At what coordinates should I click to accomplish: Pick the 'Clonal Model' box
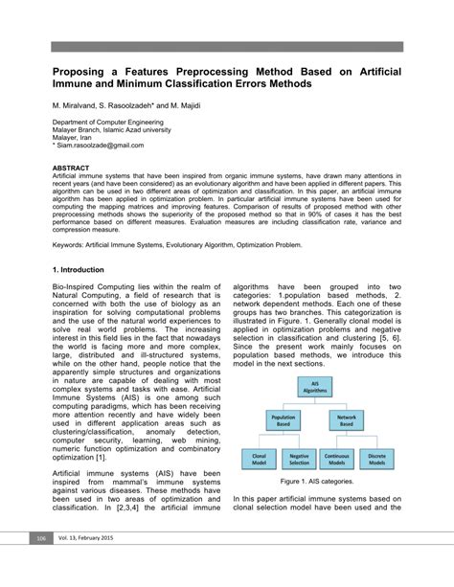coord(259,461)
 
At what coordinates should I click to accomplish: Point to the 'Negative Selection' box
coord(299,461)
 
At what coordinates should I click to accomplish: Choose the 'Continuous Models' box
coord(338,461)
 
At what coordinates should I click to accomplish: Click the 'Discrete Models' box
coord(377,461)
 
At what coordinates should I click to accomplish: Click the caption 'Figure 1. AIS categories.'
coord(317,482)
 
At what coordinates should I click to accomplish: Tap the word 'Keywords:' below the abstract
coord(73,245)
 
